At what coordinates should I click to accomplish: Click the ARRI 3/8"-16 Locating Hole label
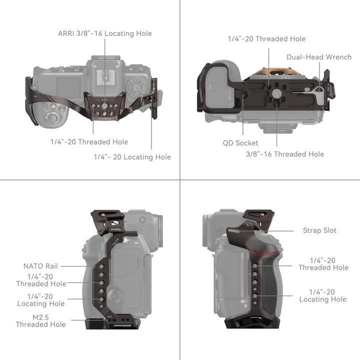tap(104, 33)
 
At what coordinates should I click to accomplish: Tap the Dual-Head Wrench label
tap(319, 57)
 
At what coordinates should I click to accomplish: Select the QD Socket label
tap(240, 143)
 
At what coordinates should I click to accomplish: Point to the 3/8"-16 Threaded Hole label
tap(284, 154)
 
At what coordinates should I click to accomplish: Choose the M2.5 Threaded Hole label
tap(40, 320)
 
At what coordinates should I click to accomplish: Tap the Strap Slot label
tap(319, 230)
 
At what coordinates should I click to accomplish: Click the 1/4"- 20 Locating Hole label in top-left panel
tap(132, 157)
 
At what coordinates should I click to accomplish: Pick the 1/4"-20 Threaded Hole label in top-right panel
tap(266, 38)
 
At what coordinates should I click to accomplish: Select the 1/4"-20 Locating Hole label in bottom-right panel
tap(322, 295)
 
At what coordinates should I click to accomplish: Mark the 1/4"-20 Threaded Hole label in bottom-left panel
tap(40, 280)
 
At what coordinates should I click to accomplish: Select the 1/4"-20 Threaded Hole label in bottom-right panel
tap(323, 264)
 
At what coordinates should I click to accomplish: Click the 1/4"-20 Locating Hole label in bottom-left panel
tap(40, 300)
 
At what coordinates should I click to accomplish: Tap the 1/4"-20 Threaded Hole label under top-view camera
tap(89, 142)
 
